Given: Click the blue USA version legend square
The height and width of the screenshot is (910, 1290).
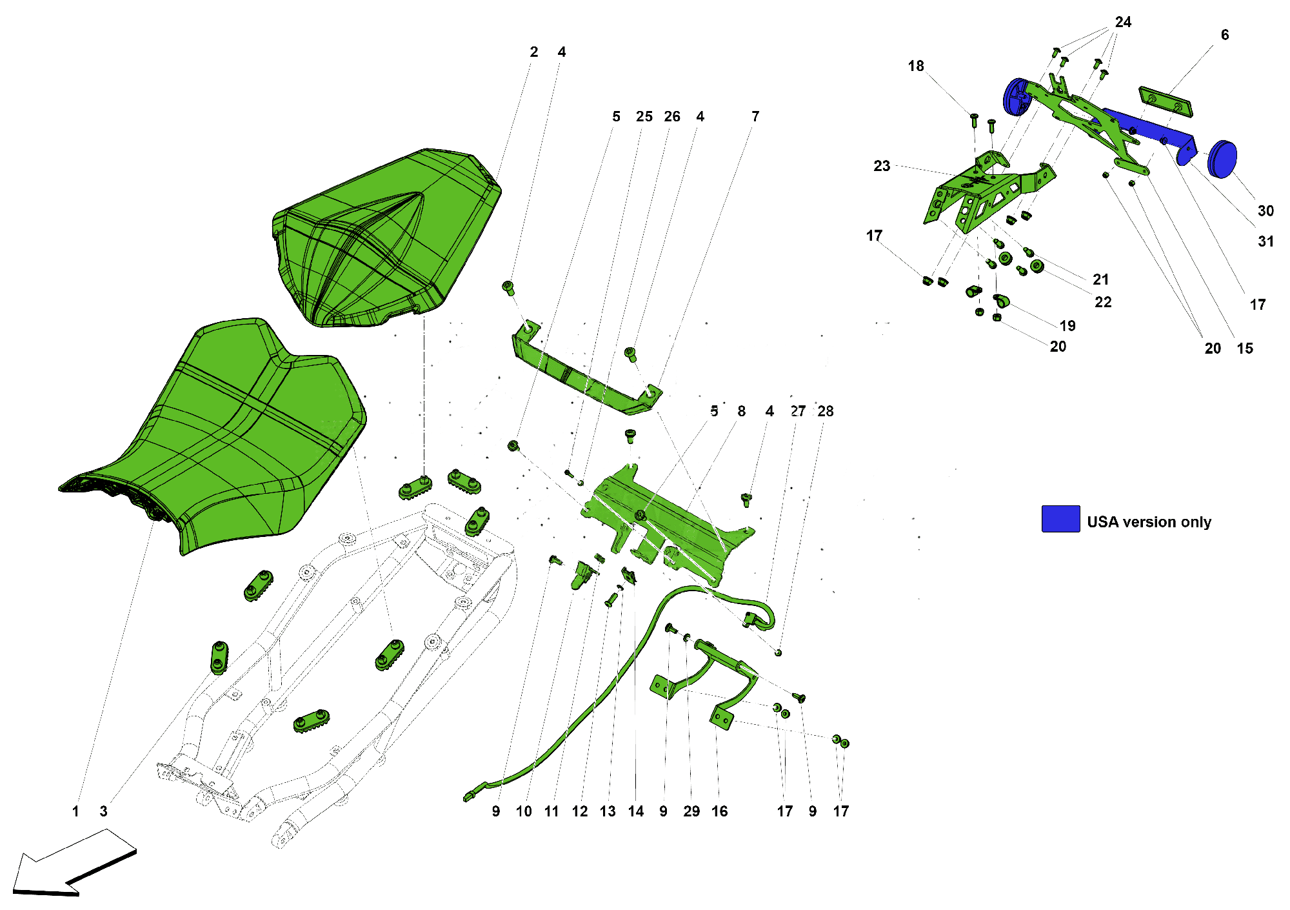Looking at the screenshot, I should (1060, 518).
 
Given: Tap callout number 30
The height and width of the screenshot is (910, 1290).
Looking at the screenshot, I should (1265, 211).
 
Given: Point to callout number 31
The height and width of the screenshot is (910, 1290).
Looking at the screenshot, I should (1265, 241).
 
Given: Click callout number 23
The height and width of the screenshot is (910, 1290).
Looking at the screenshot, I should (882, 166).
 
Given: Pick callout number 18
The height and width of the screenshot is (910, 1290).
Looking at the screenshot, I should (915, 66).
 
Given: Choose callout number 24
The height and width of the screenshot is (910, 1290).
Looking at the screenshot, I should (1123, 23).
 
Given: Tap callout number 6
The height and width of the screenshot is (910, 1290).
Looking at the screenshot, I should (1224, 35).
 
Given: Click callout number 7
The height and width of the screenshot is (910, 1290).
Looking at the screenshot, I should (755, 117).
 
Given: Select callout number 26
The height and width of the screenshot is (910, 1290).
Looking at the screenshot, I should (671, 117).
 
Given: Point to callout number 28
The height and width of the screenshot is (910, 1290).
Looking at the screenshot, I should (825, 412).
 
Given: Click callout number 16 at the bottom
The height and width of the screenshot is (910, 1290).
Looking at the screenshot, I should (719, 811).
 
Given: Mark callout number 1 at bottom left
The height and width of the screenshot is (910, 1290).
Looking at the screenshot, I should (75, 811).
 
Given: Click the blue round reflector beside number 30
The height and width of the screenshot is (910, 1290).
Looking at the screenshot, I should (1222, 159).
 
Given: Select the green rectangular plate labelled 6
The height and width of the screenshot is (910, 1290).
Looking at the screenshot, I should (1166, 101).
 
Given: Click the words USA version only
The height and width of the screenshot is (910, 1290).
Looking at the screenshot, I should (1149, 522).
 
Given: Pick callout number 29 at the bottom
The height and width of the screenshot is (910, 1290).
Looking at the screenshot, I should (691, 811).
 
